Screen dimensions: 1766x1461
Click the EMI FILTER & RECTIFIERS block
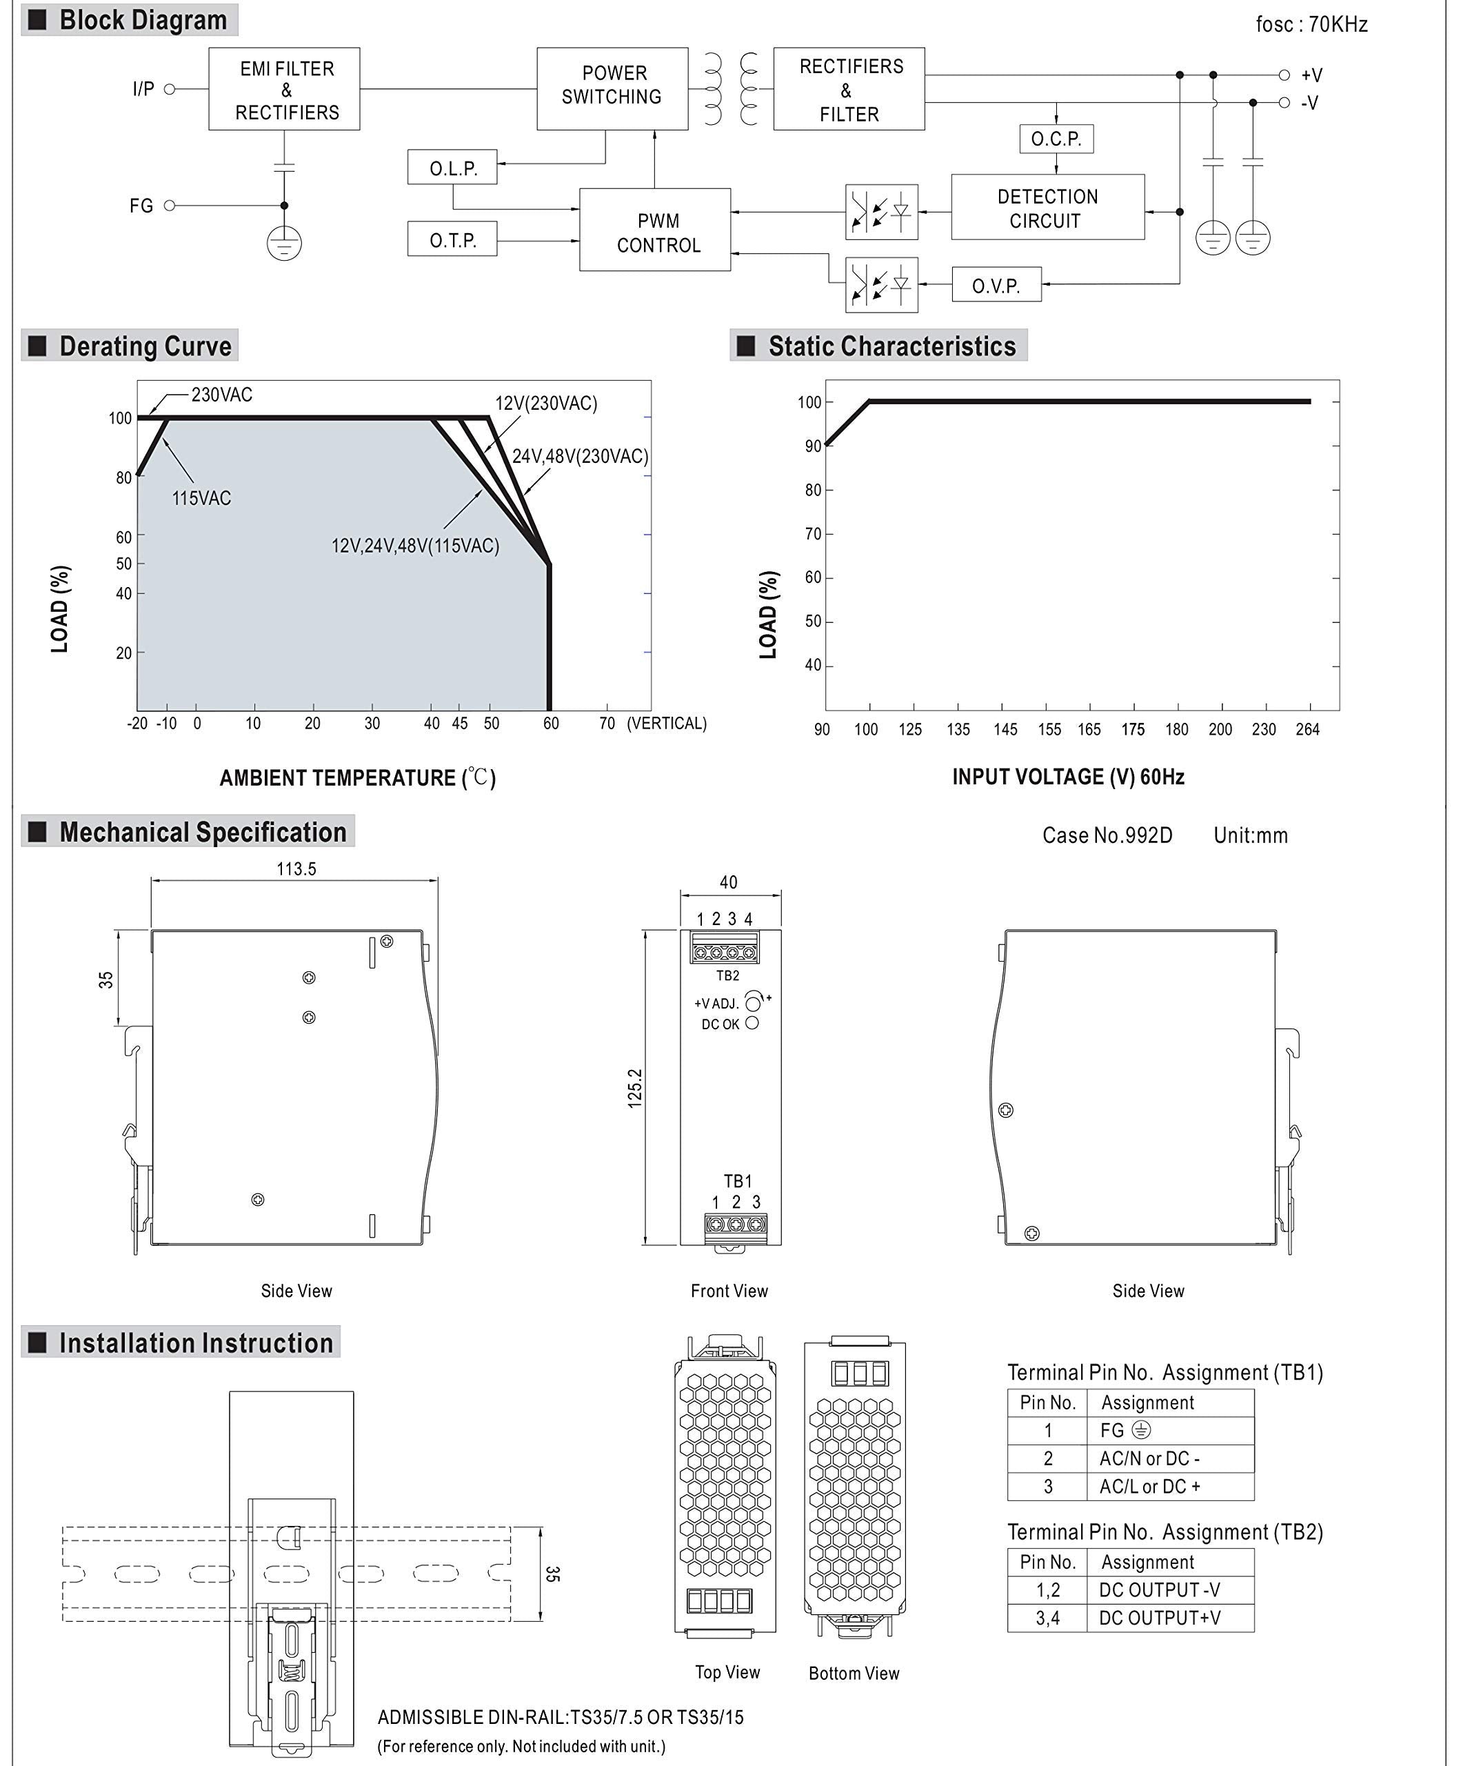coord(284,89)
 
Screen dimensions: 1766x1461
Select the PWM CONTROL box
coord(655,230)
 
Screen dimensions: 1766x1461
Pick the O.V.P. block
coord(996,285)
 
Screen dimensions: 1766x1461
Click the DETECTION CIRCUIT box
coord(1047,208)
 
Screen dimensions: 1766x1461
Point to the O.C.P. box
coord(1056,139)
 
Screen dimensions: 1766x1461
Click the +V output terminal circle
coord(1284,75)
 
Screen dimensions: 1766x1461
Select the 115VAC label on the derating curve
coord(201,498)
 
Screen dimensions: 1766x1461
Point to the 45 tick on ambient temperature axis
coord(459,723)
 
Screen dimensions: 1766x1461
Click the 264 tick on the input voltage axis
coord(1307,729)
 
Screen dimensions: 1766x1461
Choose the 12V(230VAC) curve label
coord(545,403)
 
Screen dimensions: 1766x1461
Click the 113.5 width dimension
coord(296,869)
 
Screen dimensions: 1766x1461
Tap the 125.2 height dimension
coord(635,1088)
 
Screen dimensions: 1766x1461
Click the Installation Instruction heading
coord(195,1343)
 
